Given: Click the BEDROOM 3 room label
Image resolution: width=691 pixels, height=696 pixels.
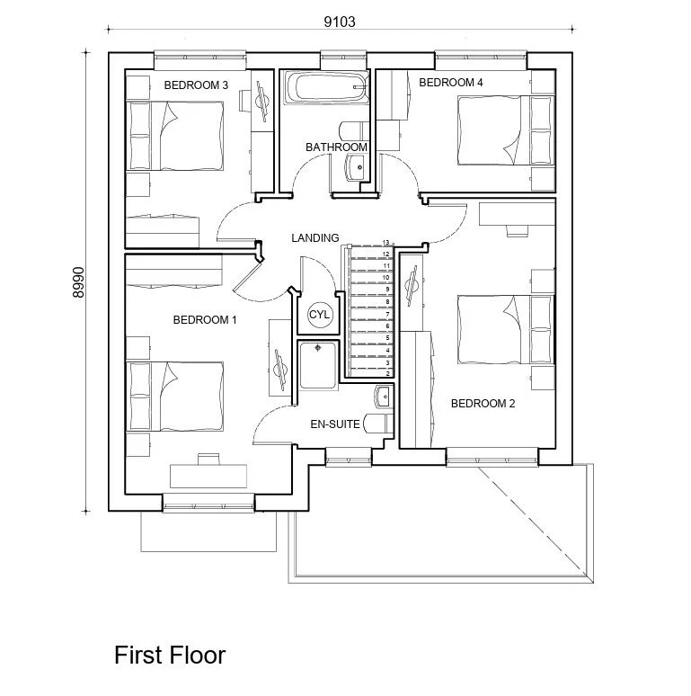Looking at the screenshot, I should point(196,85).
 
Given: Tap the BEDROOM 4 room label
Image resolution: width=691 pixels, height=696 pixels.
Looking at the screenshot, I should point(451,83).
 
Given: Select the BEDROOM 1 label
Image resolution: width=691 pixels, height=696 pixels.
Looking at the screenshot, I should point(205,319).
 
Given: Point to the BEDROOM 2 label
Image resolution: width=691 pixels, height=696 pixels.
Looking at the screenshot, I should point(483,404).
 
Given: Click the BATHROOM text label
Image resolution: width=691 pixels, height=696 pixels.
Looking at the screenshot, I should point(336,147).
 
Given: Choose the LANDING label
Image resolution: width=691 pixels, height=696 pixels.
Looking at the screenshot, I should point(315,238).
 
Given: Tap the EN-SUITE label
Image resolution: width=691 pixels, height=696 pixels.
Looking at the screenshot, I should point(335,424).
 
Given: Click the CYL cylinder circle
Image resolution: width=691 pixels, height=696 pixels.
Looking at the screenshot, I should point(320,315).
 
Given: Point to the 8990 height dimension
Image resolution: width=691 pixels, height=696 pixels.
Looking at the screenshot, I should point(78,282).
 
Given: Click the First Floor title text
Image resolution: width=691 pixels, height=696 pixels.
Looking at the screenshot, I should point(170,656).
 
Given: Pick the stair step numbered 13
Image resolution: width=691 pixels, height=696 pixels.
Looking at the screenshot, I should point(369,244).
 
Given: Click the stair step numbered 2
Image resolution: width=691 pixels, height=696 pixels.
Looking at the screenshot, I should point(369,373).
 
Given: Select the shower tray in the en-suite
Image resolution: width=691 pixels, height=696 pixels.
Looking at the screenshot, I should point(318,364).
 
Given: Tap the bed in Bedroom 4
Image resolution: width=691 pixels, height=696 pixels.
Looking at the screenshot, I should point(491,131).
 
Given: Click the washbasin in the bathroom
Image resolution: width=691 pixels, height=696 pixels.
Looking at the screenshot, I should point(355,165).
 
